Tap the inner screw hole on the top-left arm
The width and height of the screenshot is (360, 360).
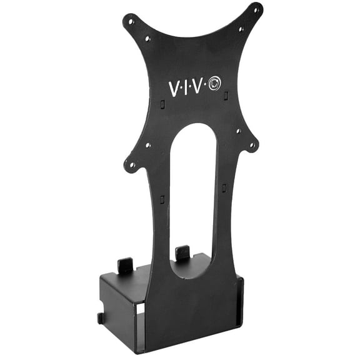[x=147, y=38]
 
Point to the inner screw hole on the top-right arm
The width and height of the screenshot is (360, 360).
[x=241, y=29]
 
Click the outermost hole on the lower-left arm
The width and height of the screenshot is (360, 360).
[x=132, y=167]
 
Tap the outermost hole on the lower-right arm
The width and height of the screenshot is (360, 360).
[x=252, y=147]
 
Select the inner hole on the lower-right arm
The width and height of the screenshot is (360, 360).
[x=238, y=131]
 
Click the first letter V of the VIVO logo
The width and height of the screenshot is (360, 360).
[x=174, y=88]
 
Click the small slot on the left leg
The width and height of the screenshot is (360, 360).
[x=162, y=199]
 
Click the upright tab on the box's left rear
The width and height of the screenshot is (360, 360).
[x=125, y=265]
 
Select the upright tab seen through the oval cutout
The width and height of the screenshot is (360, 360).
[x=182, y=253]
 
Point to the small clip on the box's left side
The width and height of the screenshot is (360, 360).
[x=101, y=317]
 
